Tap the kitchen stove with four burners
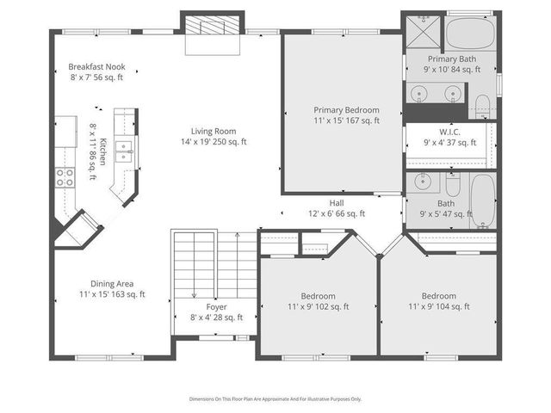pyautogui.click(x=65, y=177)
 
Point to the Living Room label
pyautogui.click(x=213, y=135)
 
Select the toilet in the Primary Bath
pyautogui.click(x=482, y=107)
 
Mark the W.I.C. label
pyautogui.click(x=449, y=133)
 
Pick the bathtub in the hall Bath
pyautogui.click(x=482, y=200)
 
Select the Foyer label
pyautogui.click(x=216, y=306)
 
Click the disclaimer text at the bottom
pyautogui.click(x=275, y=398)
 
